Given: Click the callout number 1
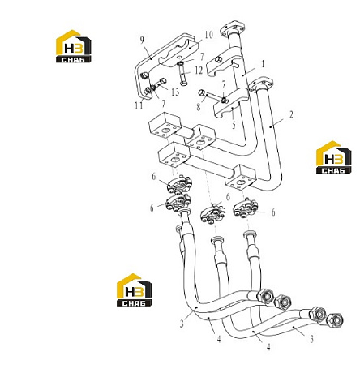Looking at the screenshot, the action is point(263,63).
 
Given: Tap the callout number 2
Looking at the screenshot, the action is point(291,114).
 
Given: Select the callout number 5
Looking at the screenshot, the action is point(234,125).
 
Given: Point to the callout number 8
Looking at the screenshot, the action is point(199,107).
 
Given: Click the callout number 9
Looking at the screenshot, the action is point(142,41).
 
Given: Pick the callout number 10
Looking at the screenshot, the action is point(209,35).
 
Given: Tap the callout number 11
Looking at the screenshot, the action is point(139,105).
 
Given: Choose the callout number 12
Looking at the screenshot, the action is point(199,71).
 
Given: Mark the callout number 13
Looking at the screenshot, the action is point(175,92).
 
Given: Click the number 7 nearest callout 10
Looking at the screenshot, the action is point(202,57).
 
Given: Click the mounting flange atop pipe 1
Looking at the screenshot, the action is point(233,28).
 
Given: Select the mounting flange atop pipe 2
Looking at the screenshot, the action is point(261,84).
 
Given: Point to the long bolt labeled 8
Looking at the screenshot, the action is point(212,96).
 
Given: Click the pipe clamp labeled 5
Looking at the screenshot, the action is point(231,103).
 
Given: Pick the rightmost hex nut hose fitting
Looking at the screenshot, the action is point(335,320).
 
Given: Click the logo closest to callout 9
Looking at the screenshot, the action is point(74,46).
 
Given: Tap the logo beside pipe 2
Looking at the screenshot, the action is point(334,157).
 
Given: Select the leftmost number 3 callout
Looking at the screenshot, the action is point(182,324).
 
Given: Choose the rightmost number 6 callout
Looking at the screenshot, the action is point(273,212).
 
